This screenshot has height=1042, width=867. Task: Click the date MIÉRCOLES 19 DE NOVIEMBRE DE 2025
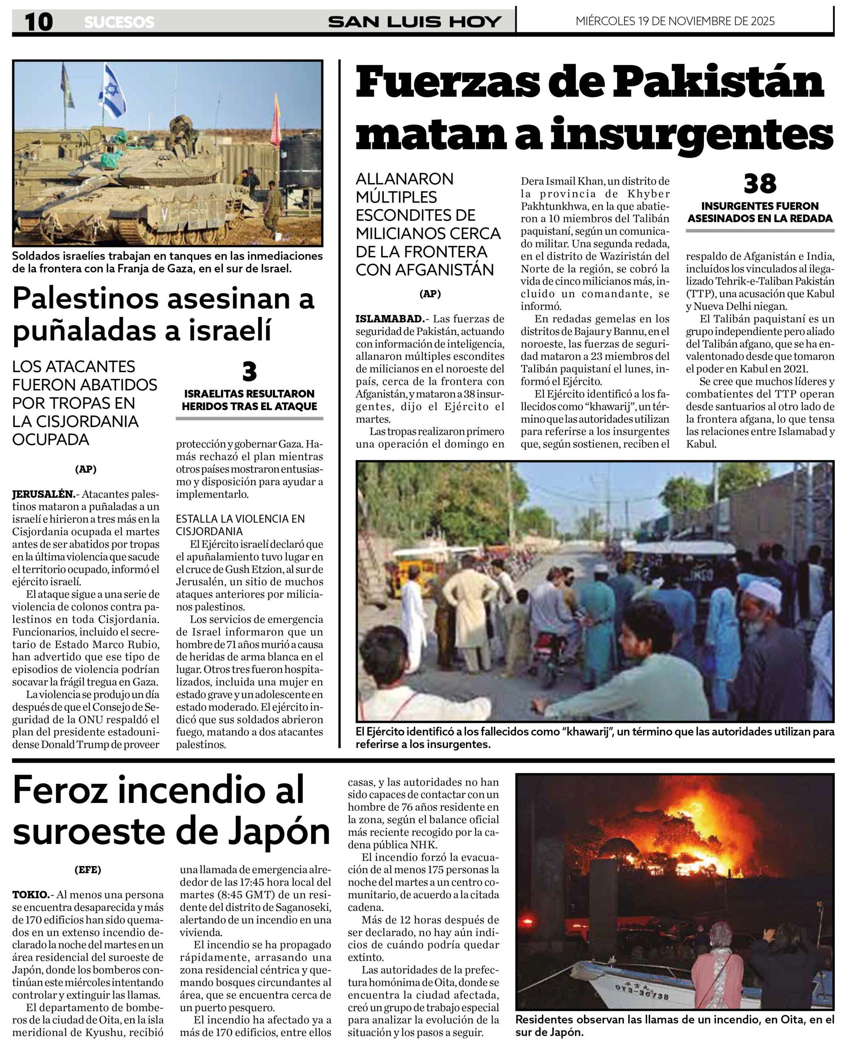[675, 21]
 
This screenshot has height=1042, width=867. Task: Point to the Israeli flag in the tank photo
[113, 92]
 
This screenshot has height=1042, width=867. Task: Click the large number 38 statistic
[760, 184]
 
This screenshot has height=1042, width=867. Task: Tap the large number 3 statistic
[249, 372]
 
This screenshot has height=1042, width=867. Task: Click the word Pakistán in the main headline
[718, 83]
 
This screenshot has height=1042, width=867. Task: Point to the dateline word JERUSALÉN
[43, 494]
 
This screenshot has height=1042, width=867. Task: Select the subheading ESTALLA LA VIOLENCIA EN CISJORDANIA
[240, 525]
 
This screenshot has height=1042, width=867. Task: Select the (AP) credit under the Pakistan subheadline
[430, 294]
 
